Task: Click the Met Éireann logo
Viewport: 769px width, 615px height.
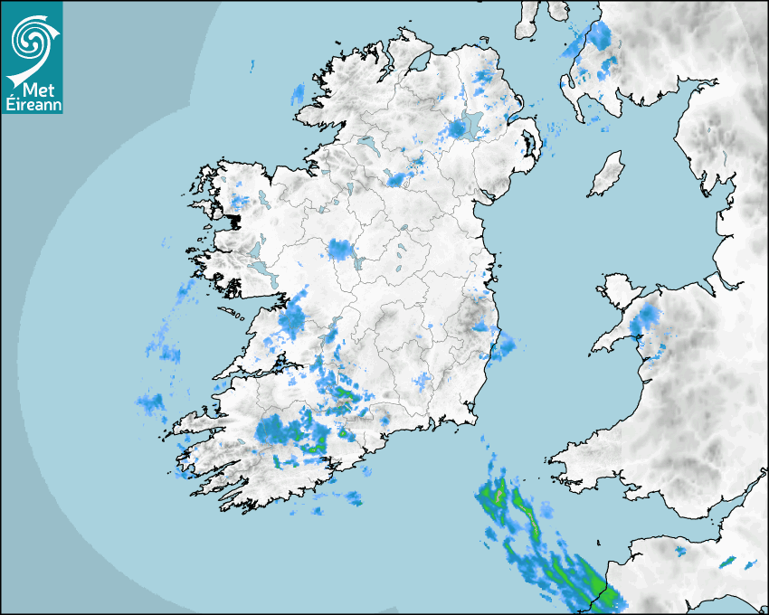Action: (x=32, y=57)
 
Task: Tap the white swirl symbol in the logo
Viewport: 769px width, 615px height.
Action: (x=31, y=38)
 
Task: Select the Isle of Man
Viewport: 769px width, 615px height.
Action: (x=606, y=175)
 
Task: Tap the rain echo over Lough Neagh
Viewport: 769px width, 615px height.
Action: (x=458, y=128)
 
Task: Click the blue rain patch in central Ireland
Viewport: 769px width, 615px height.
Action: (x=342, y=249)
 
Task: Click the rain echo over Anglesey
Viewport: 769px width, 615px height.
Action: (x=647, y=317)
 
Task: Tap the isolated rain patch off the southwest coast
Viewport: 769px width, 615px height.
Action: (x=150, y=402)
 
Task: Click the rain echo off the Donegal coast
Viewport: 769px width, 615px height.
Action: (x=298, y=93)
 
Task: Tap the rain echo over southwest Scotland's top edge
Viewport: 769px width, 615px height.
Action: (x=597, y=36)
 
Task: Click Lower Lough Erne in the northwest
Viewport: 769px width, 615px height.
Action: (x=366, y=144)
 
